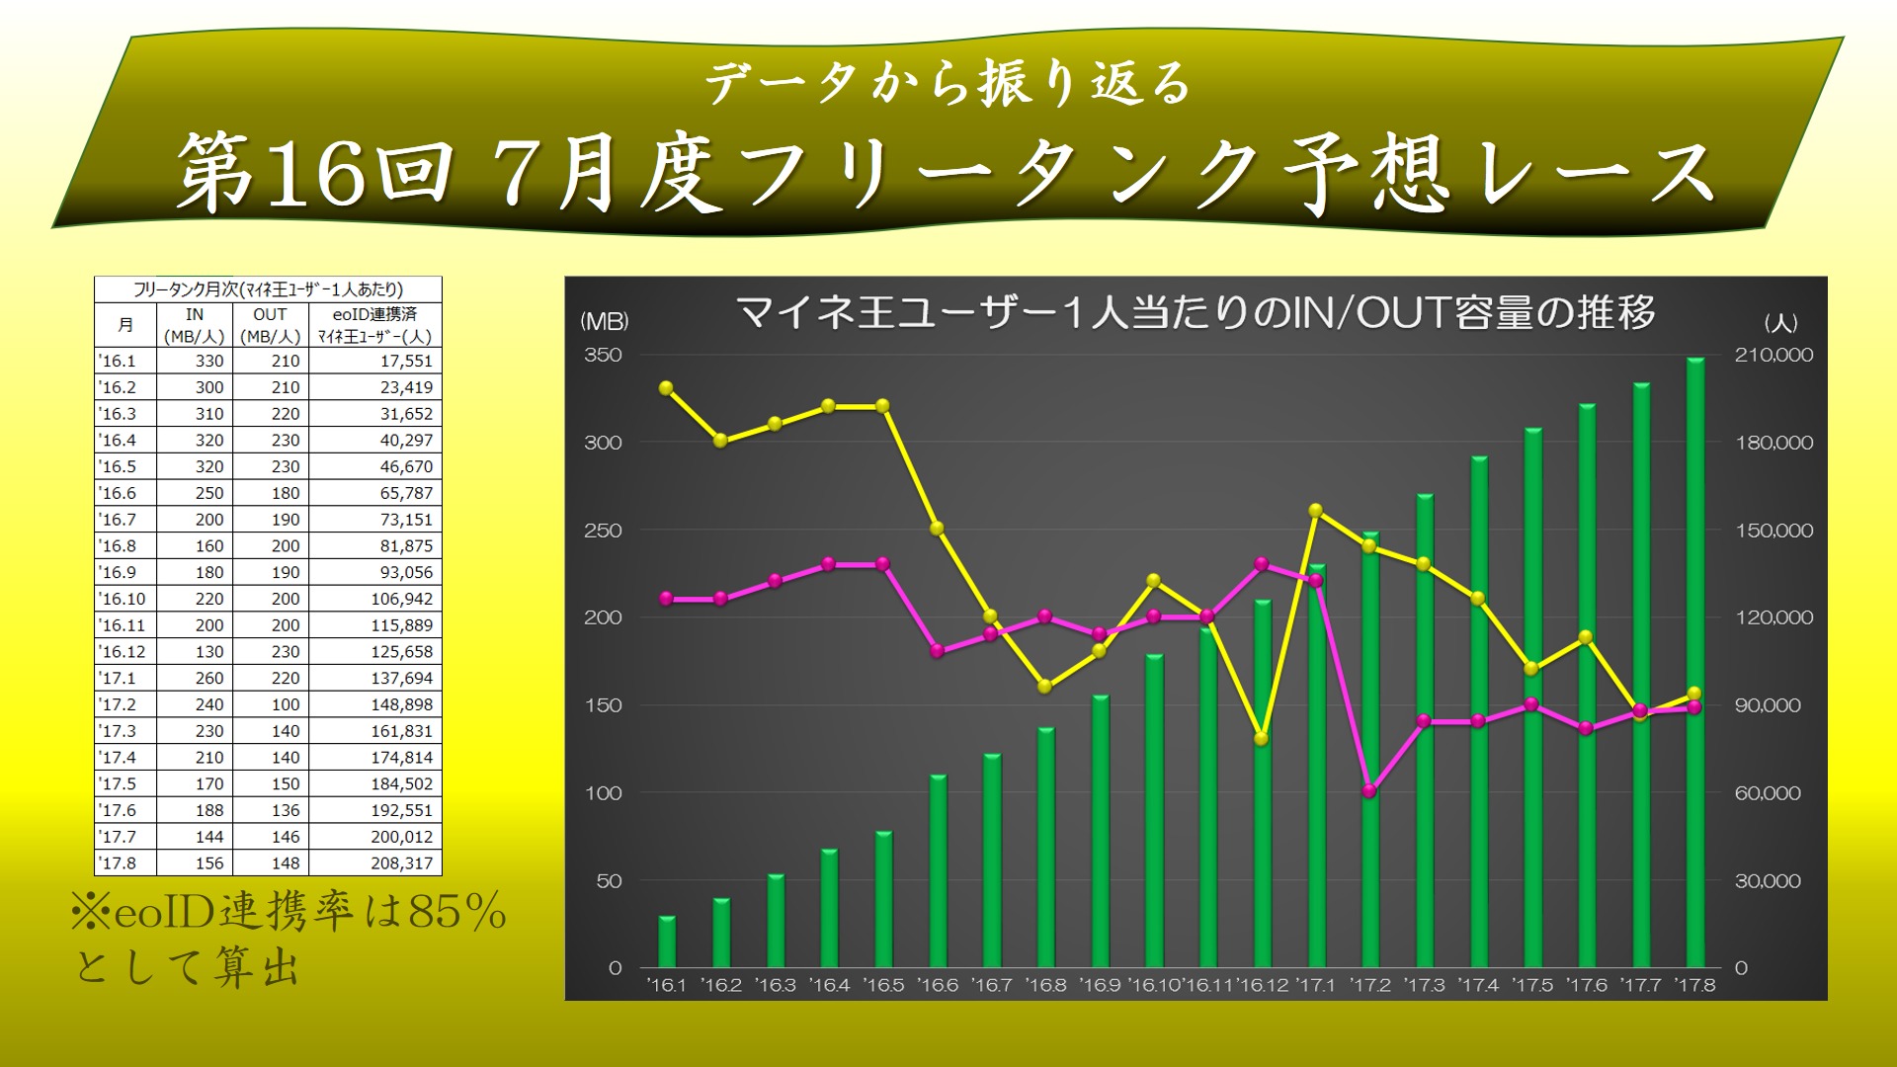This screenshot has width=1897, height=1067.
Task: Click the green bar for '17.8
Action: [1695, 663]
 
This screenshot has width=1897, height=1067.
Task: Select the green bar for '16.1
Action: [667, 943]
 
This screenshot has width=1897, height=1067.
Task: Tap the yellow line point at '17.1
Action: [1316, 511]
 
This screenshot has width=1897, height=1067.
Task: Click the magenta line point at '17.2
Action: [1370, 791]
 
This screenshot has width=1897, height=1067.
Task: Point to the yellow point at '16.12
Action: [1262, 739]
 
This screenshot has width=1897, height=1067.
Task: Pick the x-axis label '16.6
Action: [938, 985]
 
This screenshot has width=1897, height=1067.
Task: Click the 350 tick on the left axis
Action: [603, 355]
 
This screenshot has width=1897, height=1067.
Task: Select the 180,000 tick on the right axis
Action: [1774, 443]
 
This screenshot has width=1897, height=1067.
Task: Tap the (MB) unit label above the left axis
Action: [604, 321]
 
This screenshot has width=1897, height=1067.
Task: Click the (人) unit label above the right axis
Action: [1780, 322]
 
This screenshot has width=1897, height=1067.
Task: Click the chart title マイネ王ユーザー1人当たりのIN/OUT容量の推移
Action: [1196, 313]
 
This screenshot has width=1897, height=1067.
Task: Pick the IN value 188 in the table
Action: [209, 810]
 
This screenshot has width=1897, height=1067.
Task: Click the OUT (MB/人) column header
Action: [270, 325]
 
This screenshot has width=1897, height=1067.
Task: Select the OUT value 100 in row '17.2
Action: [286, 704]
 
